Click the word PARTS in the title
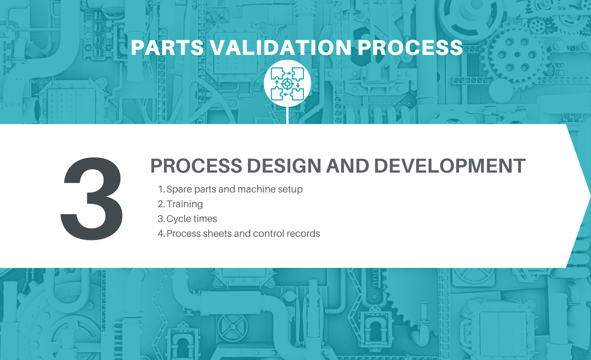pos(168,48)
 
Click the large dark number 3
pos(91,198)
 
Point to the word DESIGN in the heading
pos(283,166)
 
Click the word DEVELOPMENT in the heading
pos(450,166)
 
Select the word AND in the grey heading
pos(348,166)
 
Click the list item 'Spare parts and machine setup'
pos(235,189)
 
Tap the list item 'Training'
pos(185,204)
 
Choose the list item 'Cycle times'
pos(192,219)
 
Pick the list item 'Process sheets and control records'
pos(243,234)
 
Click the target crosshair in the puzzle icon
pos(287,84)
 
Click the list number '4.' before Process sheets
pos(161,234)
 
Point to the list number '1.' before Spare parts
pos(161,189)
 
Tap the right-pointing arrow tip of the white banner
pos(590,196)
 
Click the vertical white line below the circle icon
pos(287,115)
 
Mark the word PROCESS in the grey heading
pos(196,166)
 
